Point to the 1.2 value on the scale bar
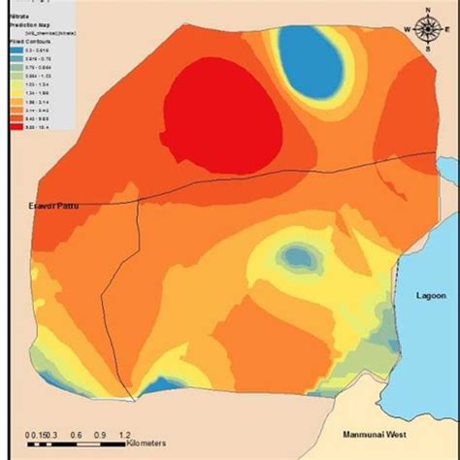pos(124,436)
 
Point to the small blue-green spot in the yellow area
pos(298,257)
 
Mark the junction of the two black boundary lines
pos(139,200)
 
